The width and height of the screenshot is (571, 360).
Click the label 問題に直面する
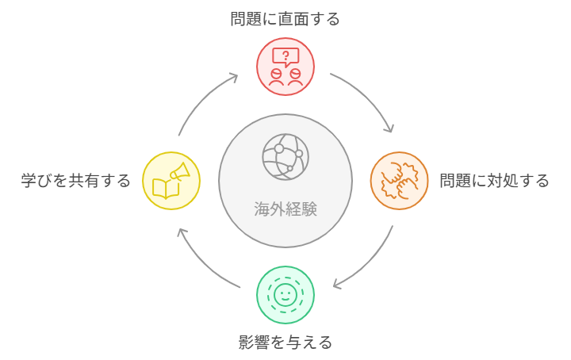coord(285,19)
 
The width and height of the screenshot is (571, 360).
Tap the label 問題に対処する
coord(494,181)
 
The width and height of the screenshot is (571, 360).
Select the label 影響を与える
coord(285,343)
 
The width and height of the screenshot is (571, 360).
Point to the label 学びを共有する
coord(75,181)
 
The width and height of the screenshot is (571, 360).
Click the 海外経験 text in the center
coord(285,209)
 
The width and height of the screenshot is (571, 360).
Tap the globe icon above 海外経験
coord(285,155)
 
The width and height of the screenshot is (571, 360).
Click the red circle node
coord(285,67)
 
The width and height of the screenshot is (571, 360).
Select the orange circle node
coord(399,181)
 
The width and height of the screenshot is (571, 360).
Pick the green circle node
coord(285,295)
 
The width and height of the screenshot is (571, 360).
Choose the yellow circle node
coord(171,181)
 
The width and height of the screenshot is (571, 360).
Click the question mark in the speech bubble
coord(285,56)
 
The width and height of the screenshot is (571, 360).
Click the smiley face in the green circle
coord(285,295)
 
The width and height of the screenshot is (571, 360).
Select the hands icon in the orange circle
coord(399,181)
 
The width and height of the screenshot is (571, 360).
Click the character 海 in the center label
coord(262,209)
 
